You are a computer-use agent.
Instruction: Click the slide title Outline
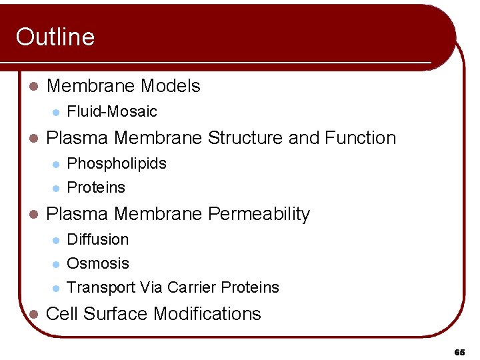(x=55, y=37)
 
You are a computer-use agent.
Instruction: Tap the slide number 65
(x=459, y=351)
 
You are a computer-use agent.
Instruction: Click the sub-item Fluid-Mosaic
(x=112, y=111)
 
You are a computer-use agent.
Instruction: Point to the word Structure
(x=245, y=138)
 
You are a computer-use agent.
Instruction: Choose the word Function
(x=360, y=138)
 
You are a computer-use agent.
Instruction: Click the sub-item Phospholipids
(x=117, y=164)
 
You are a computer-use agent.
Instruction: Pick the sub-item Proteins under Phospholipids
(x=96, y=188)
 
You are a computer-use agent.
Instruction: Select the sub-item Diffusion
(x=98, y=239)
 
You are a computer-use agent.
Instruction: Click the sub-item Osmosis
(x=98, y=263)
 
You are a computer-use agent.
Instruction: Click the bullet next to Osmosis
(x=55, y=264)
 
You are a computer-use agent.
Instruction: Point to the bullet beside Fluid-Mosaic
(x=55, y=112)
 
